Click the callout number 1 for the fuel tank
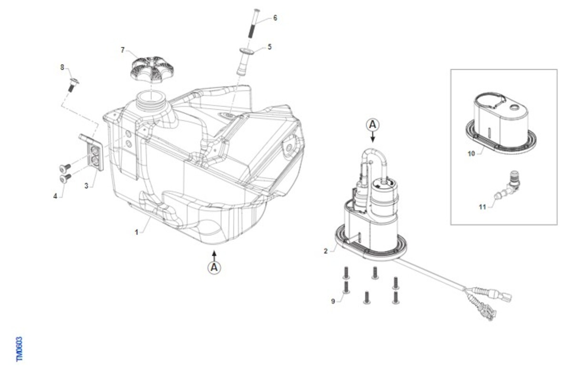137,232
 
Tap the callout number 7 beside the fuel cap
123,50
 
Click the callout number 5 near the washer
270,47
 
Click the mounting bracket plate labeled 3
91,152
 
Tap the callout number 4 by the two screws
55,196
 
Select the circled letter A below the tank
215,268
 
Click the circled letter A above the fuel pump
373,125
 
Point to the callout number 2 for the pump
325,251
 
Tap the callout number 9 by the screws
333,301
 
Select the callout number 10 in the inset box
472,154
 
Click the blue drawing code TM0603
20,349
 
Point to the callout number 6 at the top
275,18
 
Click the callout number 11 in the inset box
482,207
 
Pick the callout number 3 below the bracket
87,186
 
